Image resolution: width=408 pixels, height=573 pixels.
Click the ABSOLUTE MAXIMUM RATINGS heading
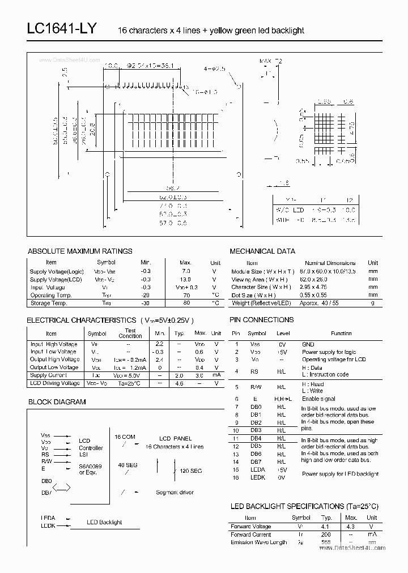[80, 251]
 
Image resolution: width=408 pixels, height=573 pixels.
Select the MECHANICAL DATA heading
[262, 251]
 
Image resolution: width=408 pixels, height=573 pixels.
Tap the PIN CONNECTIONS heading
[261, 320]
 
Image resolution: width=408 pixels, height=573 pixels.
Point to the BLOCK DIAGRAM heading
[57, 401]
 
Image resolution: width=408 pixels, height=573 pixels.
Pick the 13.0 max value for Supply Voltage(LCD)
[185, 279]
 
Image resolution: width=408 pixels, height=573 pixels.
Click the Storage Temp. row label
[49, 303]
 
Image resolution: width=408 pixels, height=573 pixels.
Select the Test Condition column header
[130, 333]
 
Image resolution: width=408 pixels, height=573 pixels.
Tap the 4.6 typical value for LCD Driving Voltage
[180, 383]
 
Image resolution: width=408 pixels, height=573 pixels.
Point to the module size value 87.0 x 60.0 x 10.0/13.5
[330, 271]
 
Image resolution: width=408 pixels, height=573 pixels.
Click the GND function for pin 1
[308, 344]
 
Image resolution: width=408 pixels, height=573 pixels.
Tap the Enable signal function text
[318, 399]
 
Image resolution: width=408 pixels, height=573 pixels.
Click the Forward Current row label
[250, 534]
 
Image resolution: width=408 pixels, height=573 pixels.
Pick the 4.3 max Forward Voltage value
[351, 527]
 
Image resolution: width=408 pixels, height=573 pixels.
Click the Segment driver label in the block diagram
[175, 493]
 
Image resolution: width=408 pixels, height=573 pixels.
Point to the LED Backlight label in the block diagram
[104, 522]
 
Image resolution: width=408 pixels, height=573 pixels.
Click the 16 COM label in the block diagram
[125, 437]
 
